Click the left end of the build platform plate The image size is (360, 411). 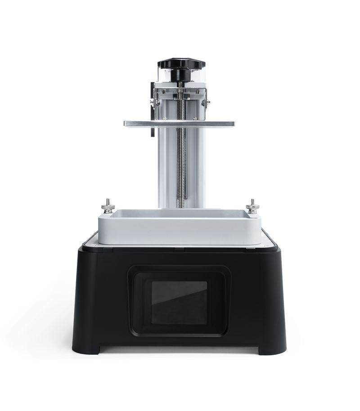pyautogui.click(x=128, y=122)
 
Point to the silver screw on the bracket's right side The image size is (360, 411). pyautogui.click(x=207, y=104)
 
